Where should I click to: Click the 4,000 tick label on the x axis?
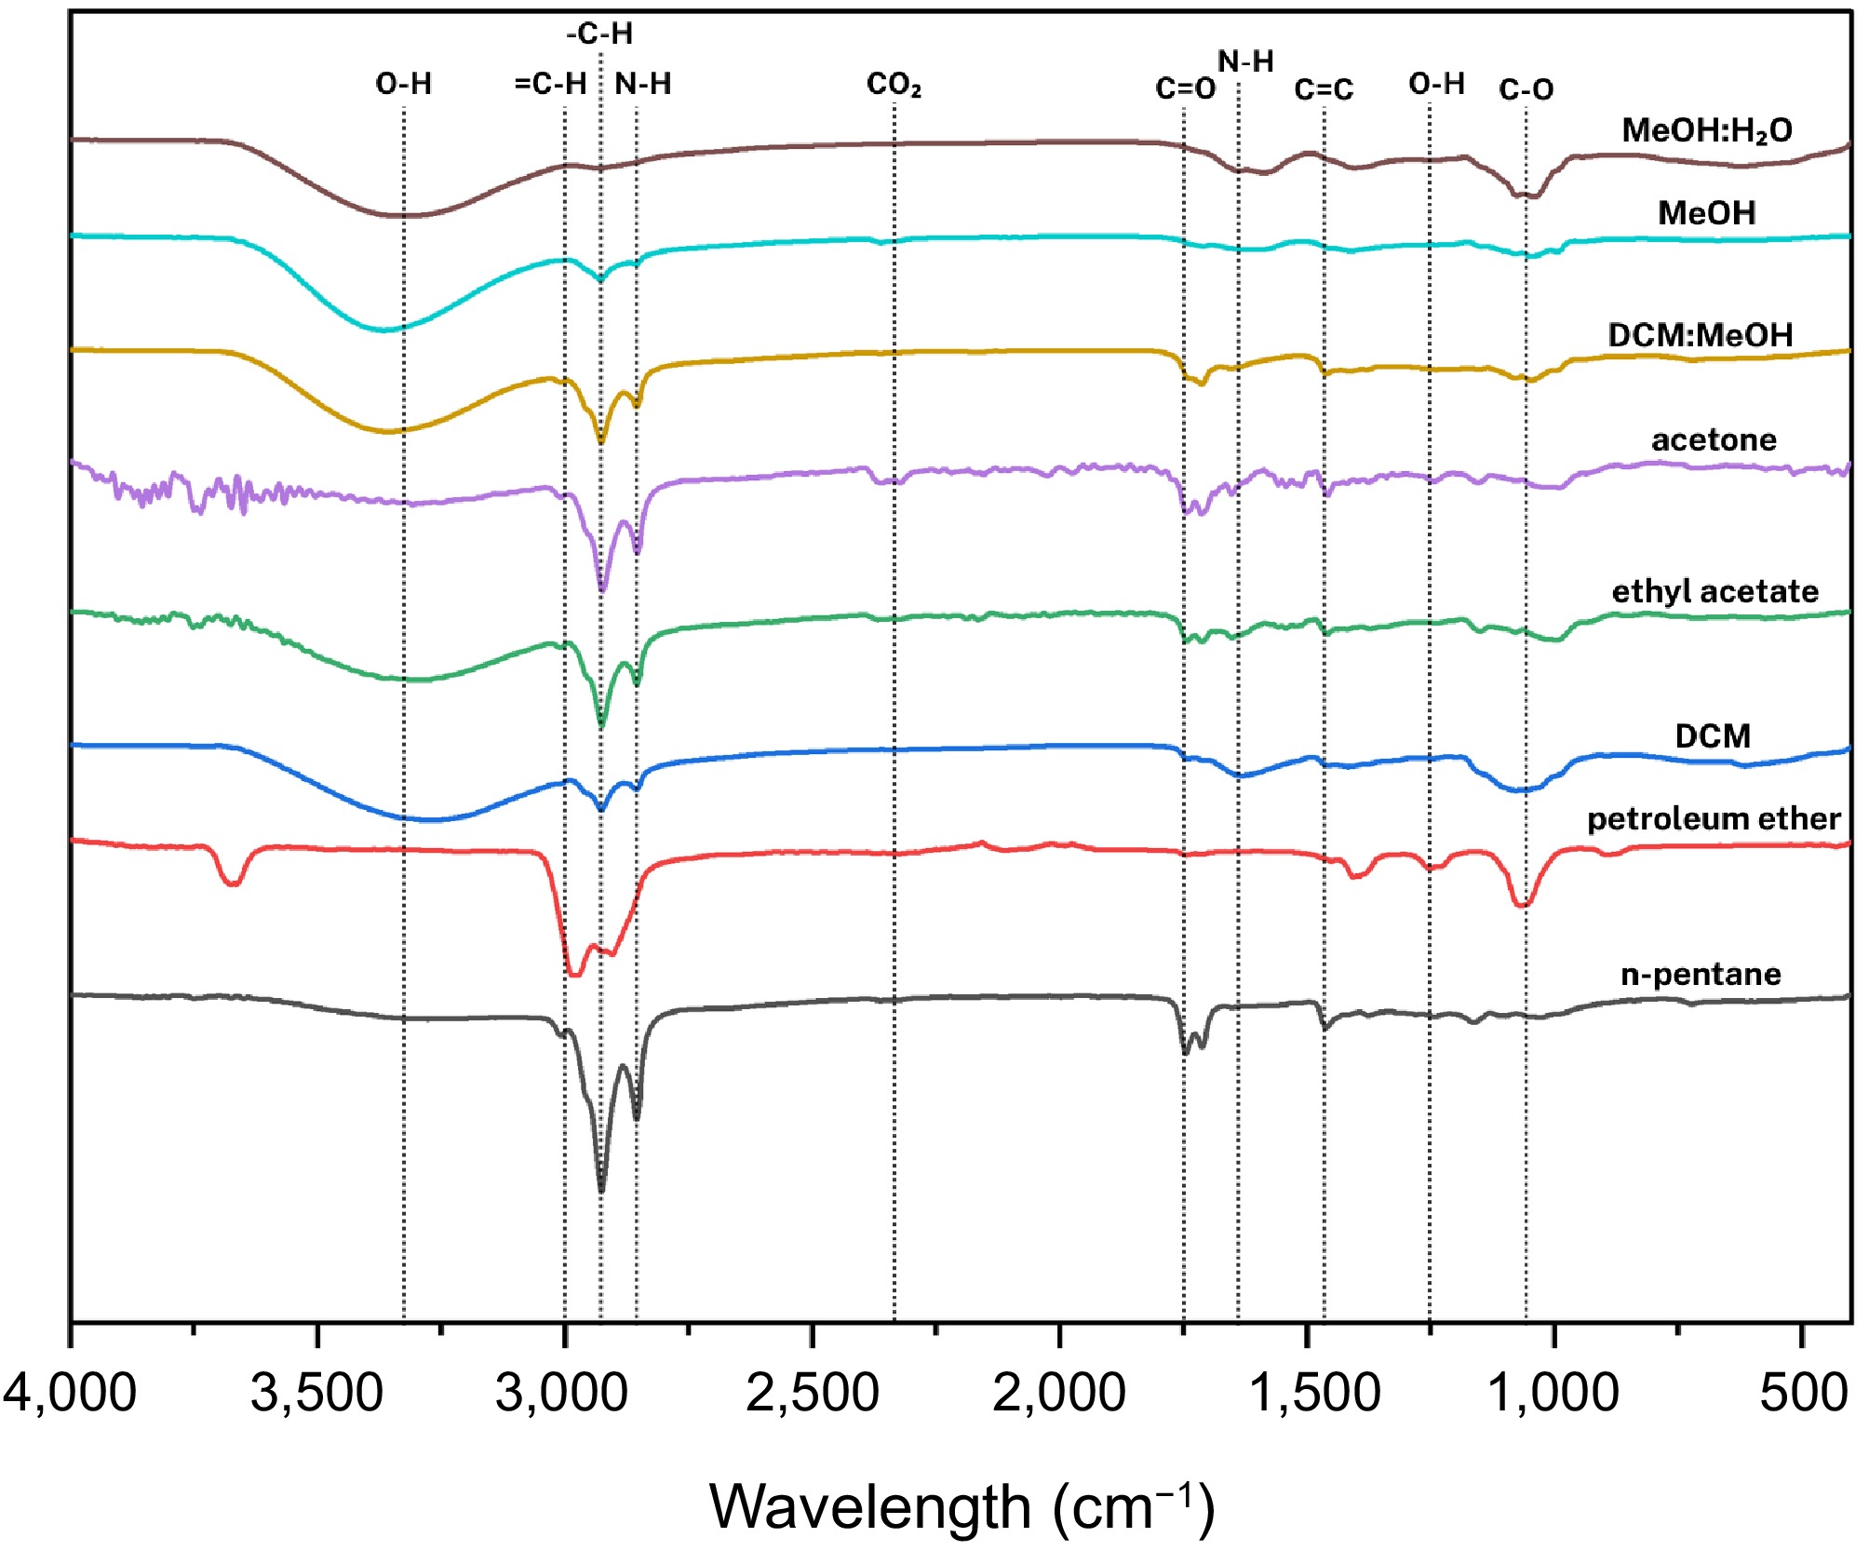[x=70, y=1394]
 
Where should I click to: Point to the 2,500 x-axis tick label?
[x=812, y=1394]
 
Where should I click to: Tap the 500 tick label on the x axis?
[x=1803, y=1394]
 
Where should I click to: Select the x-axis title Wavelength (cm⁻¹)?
[x=961, y=1506]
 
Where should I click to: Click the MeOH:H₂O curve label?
[x=1706, y=130]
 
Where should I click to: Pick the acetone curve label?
[x=1714, y=439]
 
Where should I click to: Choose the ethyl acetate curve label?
[x=1714, y=591]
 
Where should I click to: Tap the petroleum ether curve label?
[x=1714, y=818]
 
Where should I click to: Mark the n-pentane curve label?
[x=1701, y=974]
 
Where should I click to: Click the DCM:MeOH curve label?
[x=1700, y=335]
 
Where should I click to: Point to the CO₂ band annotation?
[x=894, y=85]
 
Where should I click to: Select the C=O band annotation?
[x=1185, y=88]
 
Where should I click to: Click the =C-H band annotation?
[x=550, y=84]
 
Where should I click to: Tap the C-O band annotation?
[x=1526, y=89]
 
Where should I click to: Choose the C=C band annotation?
[x=1324, y=89]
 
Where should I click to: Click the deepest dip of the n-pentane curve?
[x=601, y=1189]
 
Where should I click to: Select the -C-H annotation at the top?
[x=599, y=34]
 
